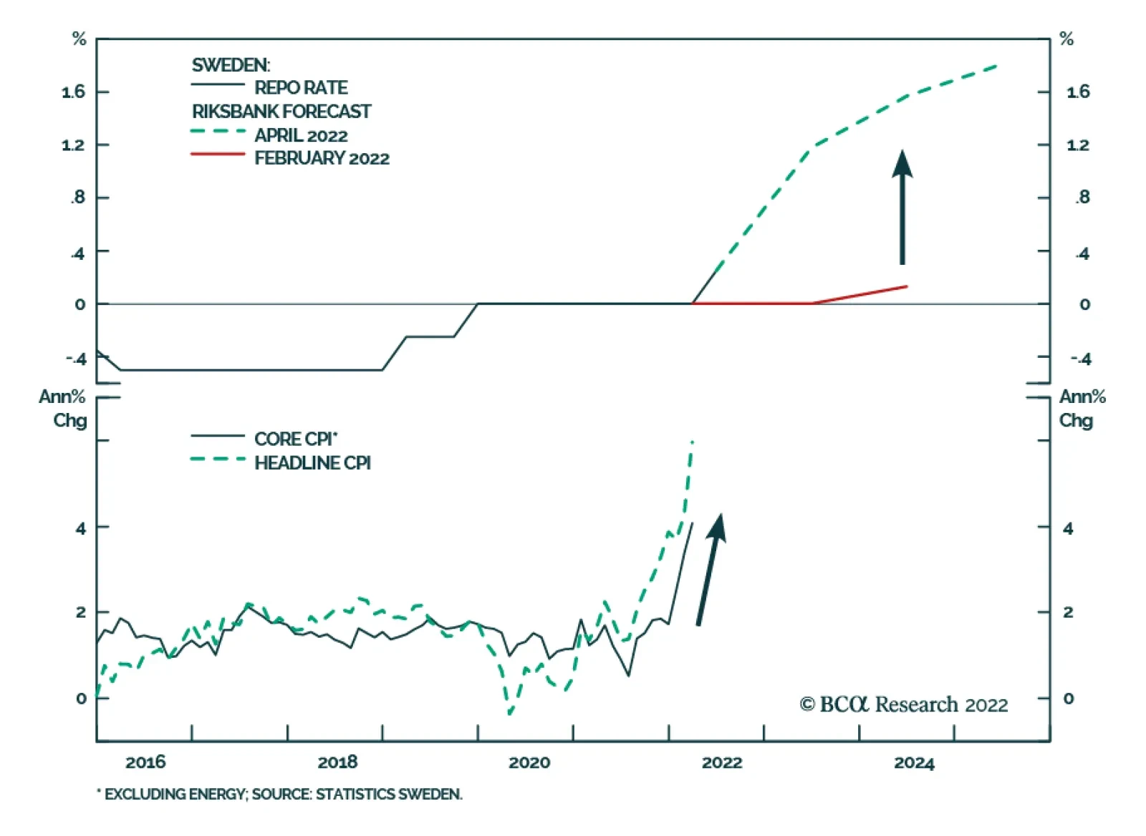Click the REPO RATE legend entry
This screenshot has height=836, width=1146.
click(x=301, y=87)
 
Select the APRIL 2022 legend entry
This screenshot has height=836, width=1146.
click(x=301, y=135)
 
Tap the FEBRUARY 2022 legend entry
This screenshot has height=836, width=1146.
click(x=322, y=158)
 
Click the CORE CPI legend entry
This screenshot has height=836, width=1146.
click(x=295, y=439)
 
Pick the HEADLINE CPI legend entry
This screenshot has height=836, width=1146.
click(x=312, y=463)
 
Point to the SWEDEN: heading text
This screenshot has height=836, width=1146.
click(x=231, y=65)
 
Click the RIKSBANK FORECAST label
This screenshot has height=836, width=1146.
click(x=281, y=112)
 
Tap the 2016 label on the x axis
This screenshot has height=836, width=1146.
click(x=145, y=762)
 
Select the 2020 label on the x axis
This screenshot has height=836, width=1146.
click(x=529, y=762)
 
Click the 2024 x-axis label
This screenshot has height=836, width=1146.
click(x=914, y=762)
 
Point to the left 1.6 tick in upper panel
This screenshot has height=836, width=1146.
click(x=73, y=92)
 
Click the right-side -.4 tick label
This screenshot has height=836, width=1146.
click(x=1081, y=359)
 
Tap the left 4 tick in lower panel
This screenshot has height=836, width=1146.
click(x=81, y=528)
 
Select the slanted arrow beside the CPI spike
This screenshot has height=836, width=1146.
click(x=711, y=569)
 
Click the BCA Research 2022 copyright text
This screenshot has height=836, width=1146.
click(x=904, y=705)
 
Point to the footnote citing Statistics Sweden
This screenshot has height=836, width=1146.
click(x=280, y=794)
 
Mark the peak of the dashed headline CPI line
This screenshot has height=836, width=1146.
click(x=692, y=442)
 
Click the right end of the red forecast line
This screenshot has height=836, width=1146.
click(x=907, y=286)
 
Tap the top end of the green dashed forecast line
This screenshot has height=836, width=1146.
click(x=997, y=66)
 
